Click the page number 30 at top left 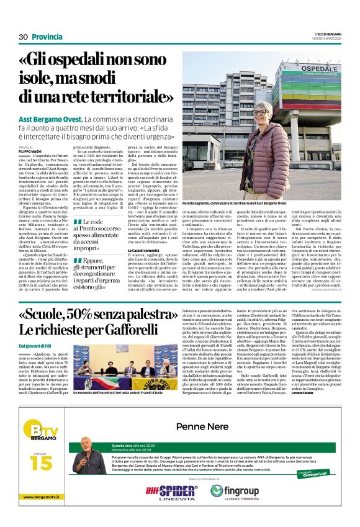pos(24,37)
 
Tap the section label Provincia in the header pos(47,37)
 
